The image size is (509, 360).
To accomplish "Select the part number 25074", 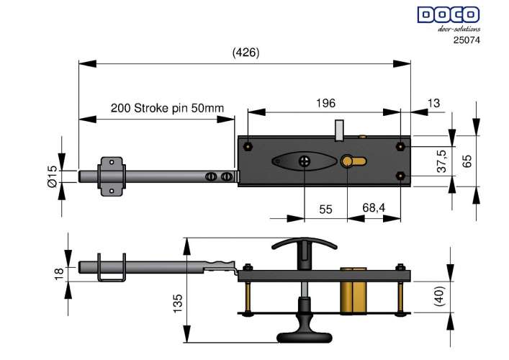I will click(x=467, y=40).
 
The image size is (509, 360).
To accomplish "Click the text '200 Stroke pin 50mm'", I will click(x=167, y=108).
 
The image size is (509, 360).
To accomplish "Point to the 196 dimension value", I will click(x=326, y=103).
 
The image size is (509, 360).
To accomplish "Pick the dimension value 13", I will click(x=433, y=103).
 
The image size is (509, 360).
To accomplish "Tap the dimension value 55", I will click(x=325, y=209).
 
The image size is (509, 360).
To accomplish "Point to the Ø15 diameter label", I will click(x=52, y=176).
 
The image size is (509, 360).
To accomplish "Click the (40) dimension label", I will click(x=441, y=296).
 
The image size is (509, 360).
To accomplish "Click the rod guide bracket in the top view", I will click(x=111, y=176).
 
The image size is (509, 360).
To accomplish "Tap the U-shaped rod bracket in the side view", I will click(x=111, y=269).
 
